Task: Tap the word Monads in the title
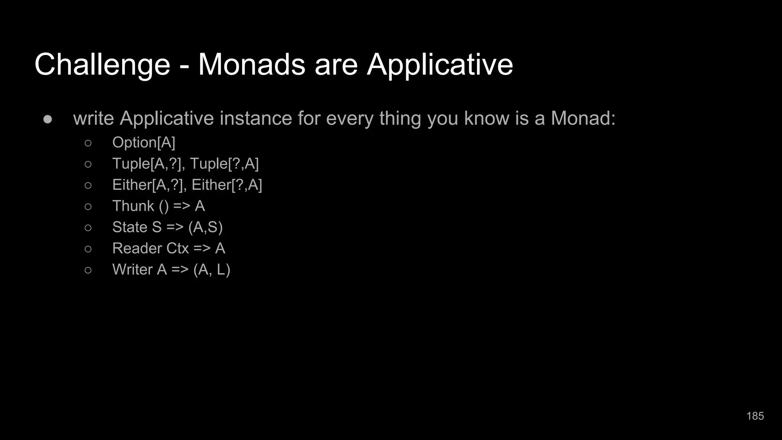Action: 252,64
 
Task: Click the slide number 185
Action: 755,416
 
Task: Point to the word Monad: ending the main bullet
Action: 583,118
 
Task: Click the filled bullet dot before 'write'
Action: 48,119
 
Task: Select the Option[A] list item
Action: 144,142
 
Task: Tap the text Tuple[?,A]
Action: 225,164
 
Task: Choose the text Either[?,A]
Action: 227,185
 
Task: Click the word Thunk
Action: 133,206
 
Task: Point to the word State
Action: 129,227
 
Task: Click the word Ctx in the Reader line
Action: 178,249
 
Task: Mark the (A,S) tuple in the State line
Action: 205,227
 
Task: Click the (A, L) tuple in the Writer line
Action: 212,270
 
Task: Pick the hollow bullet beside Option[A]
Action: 88,143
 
